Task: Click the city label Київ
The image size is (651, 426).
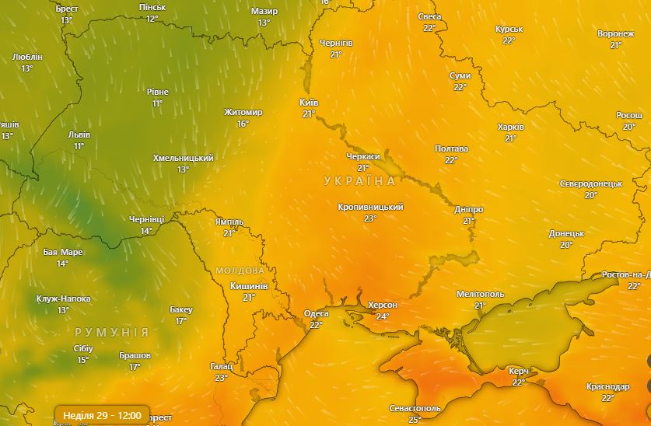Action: pyautogui.click(x=309, y=103)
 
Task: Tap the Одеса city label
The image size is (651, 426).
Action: pyautogui.click(x=316, y=313)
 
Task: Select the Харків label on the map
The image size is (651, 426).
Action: pyautogui.click(x=510, y=127)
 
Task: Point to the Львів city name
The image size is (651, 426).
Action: pyautogui.click(x=79, y=134)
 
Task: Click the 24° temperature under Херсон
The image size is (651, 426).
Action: pyautogui.click(x=383, y=316)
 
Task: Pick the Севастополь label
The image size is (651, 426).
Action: pyautogui.click(x=415, y=408)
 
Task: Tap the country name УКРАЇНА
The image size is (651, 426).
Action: pyautogui.click(x=359, y=181)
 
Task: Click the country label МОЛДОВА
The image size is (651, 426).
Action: pyautogui.click(x=240, y=271)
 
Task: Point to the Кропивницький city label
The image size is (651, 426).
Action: pyautogui.click(x=370, y=208)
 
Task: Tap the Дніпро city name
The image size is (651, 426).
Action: pyautogui.click(x=468, y=210)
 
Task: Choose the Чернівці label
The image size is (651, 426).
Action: pyautogui.click(x=146, y=220)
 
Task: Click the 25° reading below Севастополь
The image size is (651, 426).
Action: pyautogui.click(x=415, y=420)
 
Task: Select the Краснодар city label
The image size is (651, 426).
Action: pyautogui.click(x=607, y=386)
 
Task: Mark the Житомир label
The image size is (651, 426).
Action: pyautogui.click(x=243, y=112)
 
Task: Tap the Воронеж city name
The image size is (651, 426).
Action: pyautogui.click(x=615, y=34)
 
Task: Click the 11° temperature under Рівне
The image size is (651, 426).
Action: pyautogui.click(x=158, y=103)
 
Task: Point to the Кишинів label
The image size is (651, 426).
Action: pyautogui.click(x=249, y=286)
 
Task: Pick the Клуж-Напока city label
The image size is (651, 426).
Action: pyautogui.click(x=63, y=299)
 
